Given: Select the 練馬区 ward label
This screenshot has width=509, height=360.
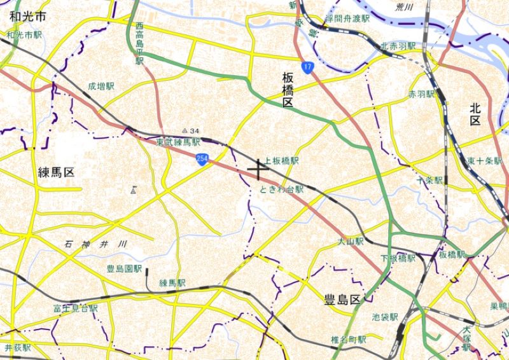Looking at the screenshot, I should point(57,172).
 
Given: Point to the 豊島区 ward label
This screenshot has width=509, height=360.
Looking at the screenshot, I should point(342,299).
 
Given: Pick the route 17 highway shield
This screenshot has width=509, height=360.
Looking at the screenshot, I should point(308,67).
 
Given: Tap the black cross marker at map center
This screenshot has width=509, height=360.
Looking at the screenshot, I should point(258,169).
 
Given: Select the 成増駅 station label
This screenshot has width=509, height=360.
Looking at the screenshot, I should point(102,85).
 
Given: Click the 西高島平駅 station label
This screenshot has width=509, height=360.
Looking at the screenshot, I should point(140,43).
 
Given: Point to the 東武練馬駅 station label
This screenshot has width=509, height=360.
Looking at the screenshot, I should point(179,142).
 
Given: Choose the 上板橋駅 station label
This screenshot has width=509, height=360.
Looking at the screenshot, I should point(281,162).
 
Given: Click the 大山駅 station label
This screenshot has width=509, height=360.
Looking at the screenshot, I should point(351,242).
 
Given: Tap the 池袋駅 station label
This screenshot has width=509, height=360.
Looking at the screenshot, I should point(385,316).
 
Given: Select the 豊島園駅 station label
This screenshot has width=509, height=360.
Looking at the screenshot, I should point(124,269).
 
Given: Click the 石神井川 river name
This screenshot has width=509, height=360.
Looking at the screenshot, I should point(96,244).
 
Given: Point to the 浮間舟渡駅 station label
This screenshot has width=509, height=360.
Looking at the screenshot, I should point(347,19).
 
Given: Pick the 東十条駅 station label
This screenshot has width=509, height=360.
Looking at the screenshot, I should point(484,161).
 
